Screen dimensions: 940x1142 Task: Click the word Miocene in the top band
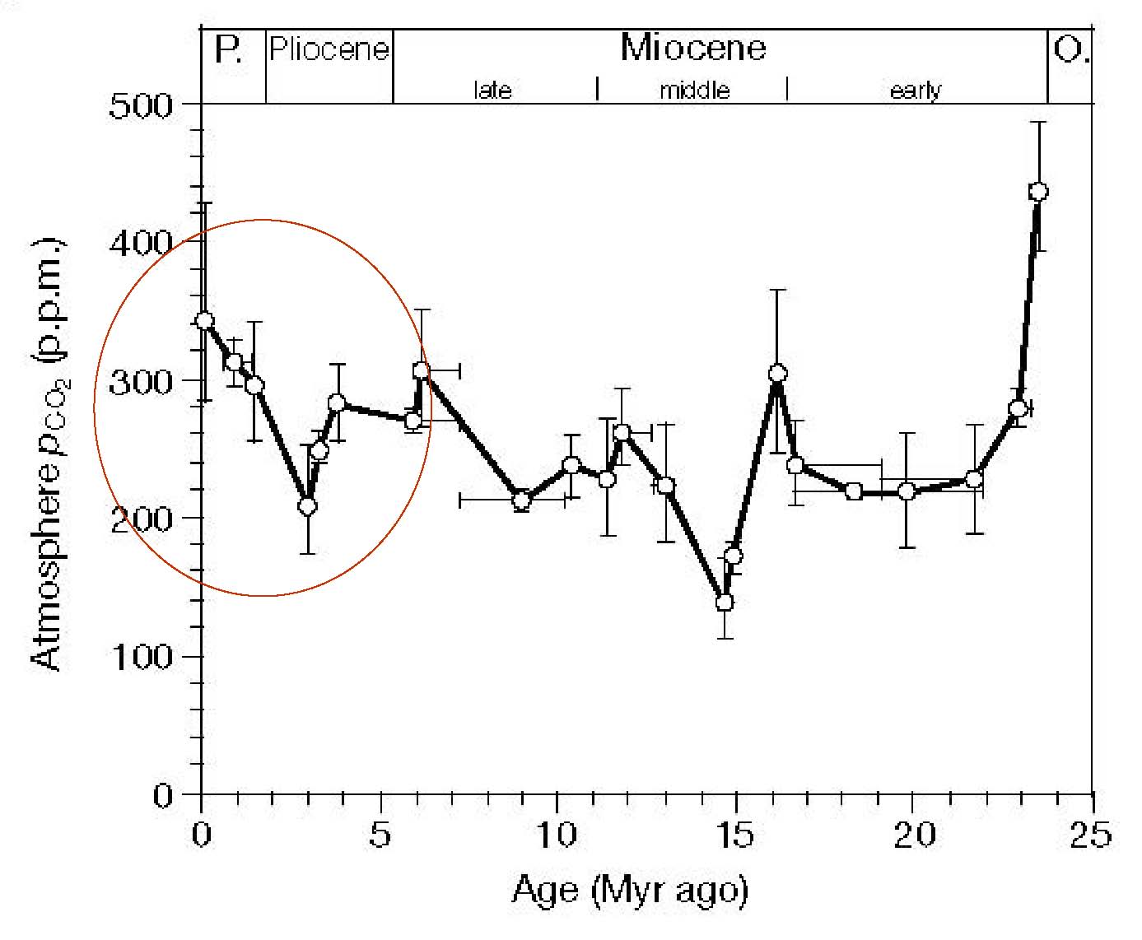693,48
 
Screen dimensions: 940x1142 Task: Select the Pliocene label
329,49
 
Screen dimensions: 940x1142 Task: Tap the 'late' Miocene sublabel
492,90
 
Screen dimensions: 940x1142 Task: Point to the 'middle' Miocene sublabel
695,90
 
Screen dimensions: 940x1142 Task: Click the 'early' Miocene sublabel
915,90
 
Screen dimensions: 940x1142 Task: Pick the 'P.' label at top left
228,50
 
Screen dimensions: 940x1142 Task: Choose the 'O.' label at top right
1071,51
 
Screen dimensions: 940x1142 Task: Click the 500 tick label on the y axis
142,105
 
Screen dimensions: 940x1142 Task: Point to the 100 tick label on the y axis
142,657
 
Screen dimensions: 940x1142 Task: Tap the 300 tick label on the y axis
142,381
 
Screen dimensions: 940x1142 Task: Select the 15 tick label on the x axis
735,834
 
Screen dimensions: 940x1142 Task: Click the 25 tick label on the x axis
1092,834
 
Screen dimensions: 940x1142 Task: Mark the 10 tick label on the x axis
557,834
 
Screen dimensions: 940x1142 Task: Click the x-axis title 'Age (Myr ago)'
630,890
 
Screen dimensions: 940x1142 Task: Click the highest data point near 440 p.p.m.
1038,192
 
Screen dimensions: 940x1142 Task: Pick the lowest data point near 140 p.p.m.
725,603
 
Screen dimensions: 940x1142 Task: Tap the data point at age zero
205,320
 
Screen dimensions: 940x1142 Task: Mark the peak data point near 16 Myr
777,374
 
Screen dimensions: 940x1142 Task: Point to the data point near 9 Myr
521,500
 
